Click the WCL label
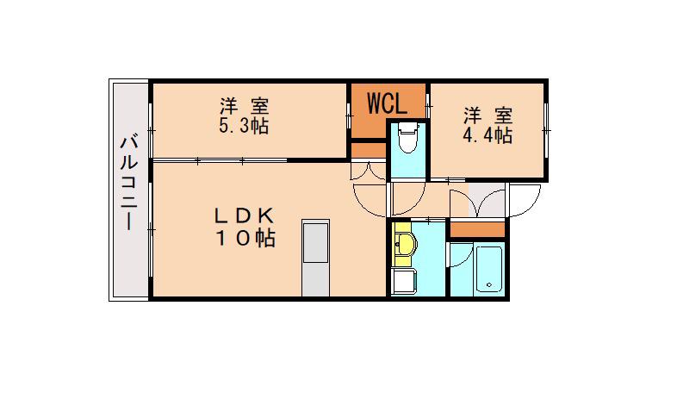tap(387, 103)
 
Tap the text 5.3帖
tap(244, 126)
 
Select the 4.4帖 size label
tap(488, 135)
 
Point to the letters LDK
tap(244, 215)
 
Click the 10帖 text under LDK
tap(245, 238)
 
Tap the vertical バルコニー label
tap(128, 183)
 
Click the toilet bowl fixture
tap(408, 137)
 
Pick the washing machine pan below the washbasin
tap(404, 281)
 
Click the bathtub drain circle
tap(489, 284)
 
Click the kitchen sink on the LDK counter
tap(316, 242)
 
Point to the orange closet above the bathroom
tap(477, 229)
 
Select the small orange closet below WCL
tap(369, 151)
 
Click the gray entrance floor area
tap(487, 200)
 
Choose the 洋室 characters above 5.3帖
tap(245, 106)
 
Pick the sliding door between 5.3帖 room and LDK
tap(220, 160)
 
